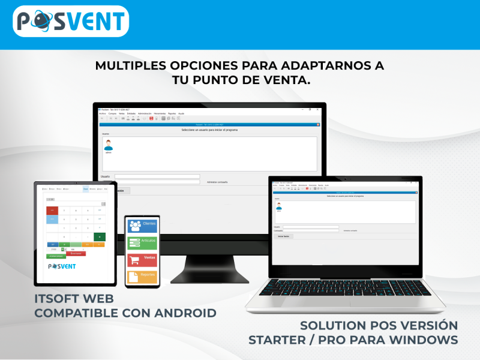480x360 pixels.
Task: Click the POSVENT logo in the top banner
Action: click(71, 22)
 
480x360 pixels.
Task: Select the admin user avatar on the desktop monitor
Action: click(109, 145)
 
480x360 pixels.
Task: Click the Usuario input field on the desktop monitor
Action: click(157, 176)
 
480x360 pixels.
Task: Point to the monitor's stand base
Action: click(209, 277)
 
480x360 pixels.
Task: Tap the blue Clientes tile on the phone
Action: click(142, 225)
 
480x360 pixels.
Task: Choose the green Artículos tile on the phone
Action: click(142, 242)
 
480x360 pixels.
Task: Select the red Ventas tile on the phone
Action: click(142, 260)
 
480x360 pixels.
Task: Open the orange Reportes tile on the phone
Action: click(142, 276)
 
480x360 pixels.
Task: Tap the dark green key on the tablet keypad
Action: click(100, 237)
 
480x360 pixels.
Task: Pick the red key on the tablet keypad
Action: click(52, 211)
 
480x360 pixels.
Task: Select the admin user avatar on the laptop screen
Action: click(278, 206)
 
